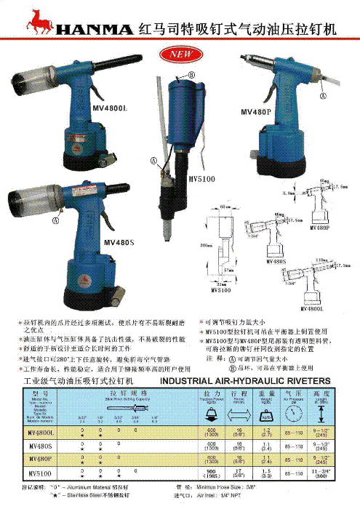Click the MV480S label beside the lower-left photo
[119, 242]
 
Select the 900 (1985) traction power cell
[212, 473]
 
